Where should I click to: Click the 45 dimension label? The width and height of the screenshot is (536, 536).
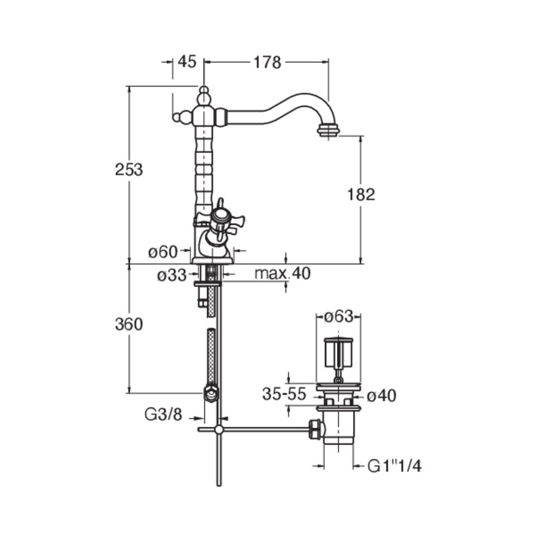click(187, 62)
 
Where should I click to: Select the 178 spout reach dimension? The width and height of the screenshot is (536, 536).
click(267, 62)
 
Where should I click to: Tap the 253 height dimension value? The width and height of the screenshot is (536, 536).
click(129, 170)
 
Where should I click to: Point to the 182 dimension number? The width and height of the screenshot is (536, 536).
click(361, 194)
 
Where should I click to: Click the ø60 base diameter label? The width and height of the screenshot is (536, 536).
click(163, 253)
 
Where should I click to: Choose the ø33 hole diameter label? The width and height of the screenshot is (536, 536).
click(172, 275)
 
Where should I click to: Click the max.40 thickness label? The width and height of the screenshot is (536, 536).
click(283, 273)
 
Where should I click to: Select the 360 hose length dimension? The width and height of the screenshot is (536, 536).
click(129, 324)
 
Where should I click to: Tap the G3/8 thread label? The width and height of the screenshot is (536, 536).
click(163, 415)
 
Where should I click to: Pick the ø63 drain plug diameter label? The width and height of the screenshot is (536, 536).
click(338, 316)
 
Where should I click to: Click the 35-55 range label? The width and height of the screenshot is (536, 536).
click(284, 394)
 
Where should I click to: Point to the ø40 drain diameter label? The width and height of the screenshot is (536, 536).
click(381, 396)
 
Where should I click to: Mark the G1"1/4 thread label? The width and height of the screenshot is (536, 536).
click(395, 466)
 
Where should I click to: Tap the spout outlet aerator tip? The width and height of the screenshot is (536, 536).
click(328, 130)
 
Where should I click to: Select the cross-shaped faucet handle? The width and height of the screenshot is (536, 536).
click(220, 220)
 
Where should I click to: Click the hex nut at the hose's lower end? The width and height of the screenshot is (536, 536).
click(210, 393)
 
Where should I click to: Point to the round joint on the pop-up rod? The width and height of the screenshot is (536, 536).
click(219, 429)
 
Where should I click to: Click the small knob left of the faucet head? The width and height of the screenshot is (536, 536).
click(177, 117)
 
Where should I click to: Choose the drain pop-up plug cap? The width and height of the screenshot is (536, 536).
click(338, 352)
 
